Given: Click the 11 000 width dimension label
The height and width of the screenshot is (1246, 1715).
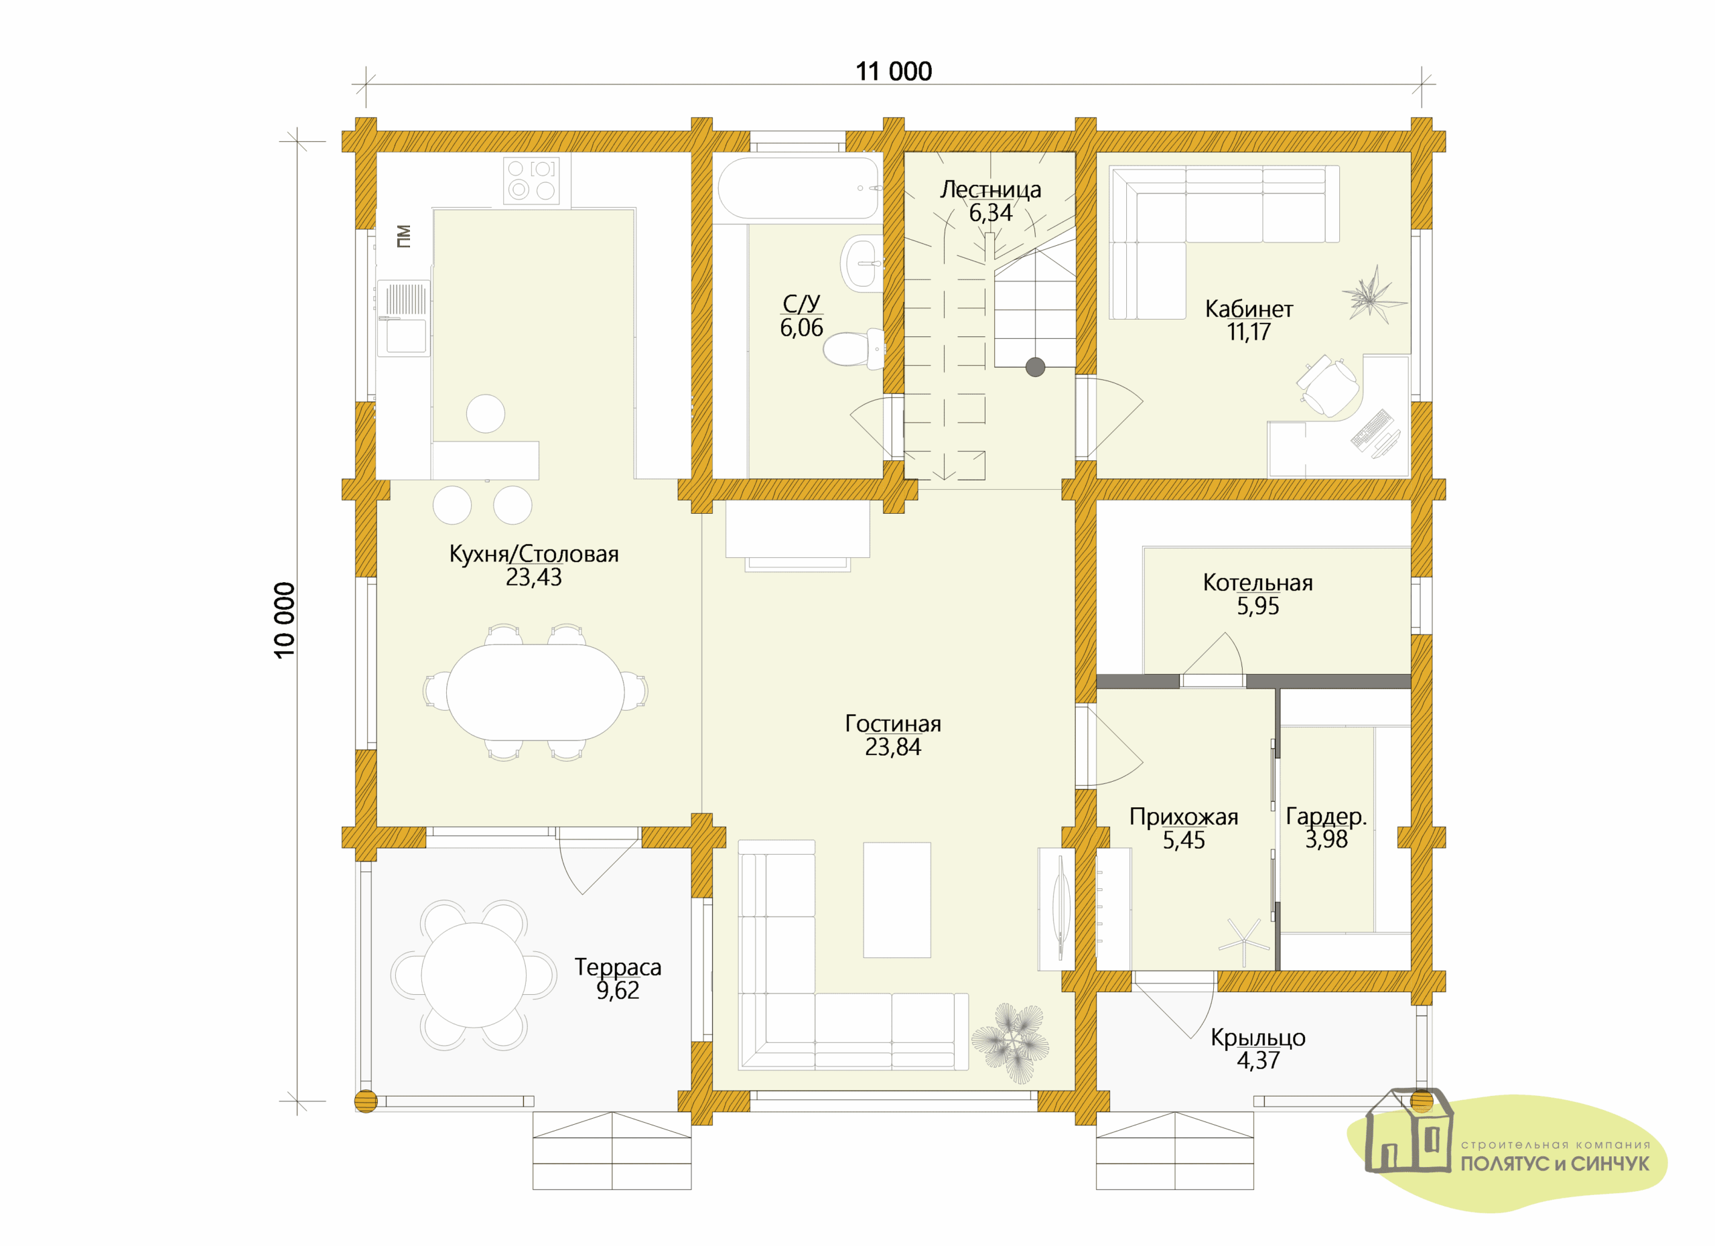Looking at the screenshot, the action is click(893, 72).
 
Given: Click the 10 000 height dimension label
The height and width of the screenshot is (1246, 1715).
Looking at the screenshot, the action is click(284, 620).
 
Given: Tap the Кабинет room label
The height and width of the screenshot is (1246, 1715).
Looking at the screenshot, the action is click(1249, 309).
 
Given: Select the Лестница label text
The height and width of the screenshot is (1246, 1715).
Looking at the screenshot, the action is click(990, 190).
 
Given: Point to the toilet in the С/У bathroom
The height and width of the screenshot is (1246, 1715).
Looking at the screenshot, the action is click(853, 348).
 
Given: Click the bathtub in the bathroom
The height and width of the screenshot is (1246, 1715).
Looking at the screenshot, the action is click(799, 188).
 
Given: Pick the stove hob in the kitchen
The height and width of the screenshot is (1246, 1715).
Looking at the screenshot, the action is click(532, 180).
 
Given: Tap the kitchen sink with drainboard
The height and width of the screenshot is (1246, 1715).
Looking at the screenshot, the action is click(404, 318).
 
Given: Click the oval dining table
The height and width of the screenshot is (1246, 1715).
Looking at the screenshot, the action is click(535, 692).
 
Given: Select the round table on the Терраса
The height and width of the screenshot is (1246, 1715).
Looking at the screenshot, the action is click(474, 975).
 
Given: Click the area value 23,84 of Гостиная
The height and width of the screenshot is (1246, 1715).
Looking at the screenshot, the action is click(893, 747).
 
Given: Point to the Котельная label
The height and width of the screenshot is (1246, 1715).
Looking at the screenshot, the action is click(1257, 583).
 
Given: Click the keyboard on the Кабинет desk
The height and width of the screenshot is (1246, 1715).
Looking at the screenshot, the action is click(1372, 429).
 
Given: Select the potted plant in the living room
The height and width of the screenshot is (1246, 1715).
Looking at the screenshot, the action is click(1010, 1044).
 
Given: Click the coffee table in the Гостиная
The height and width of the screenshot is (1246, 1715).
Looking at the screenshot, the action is click(897, 900).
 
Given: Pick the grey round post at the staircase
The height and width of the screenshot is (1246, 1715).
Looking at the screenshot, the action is click(1035, 368).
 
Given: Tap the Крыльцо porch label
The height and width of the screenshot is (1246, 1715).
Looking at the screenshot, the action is click(1257, 1037).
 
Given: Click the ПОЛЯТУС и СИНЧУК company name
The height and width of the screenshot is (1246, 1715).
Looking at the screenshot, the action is click(1555, 1164).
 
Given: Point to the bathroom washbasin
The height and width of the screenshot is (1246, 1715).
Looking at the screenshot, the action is click(862, 263).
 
